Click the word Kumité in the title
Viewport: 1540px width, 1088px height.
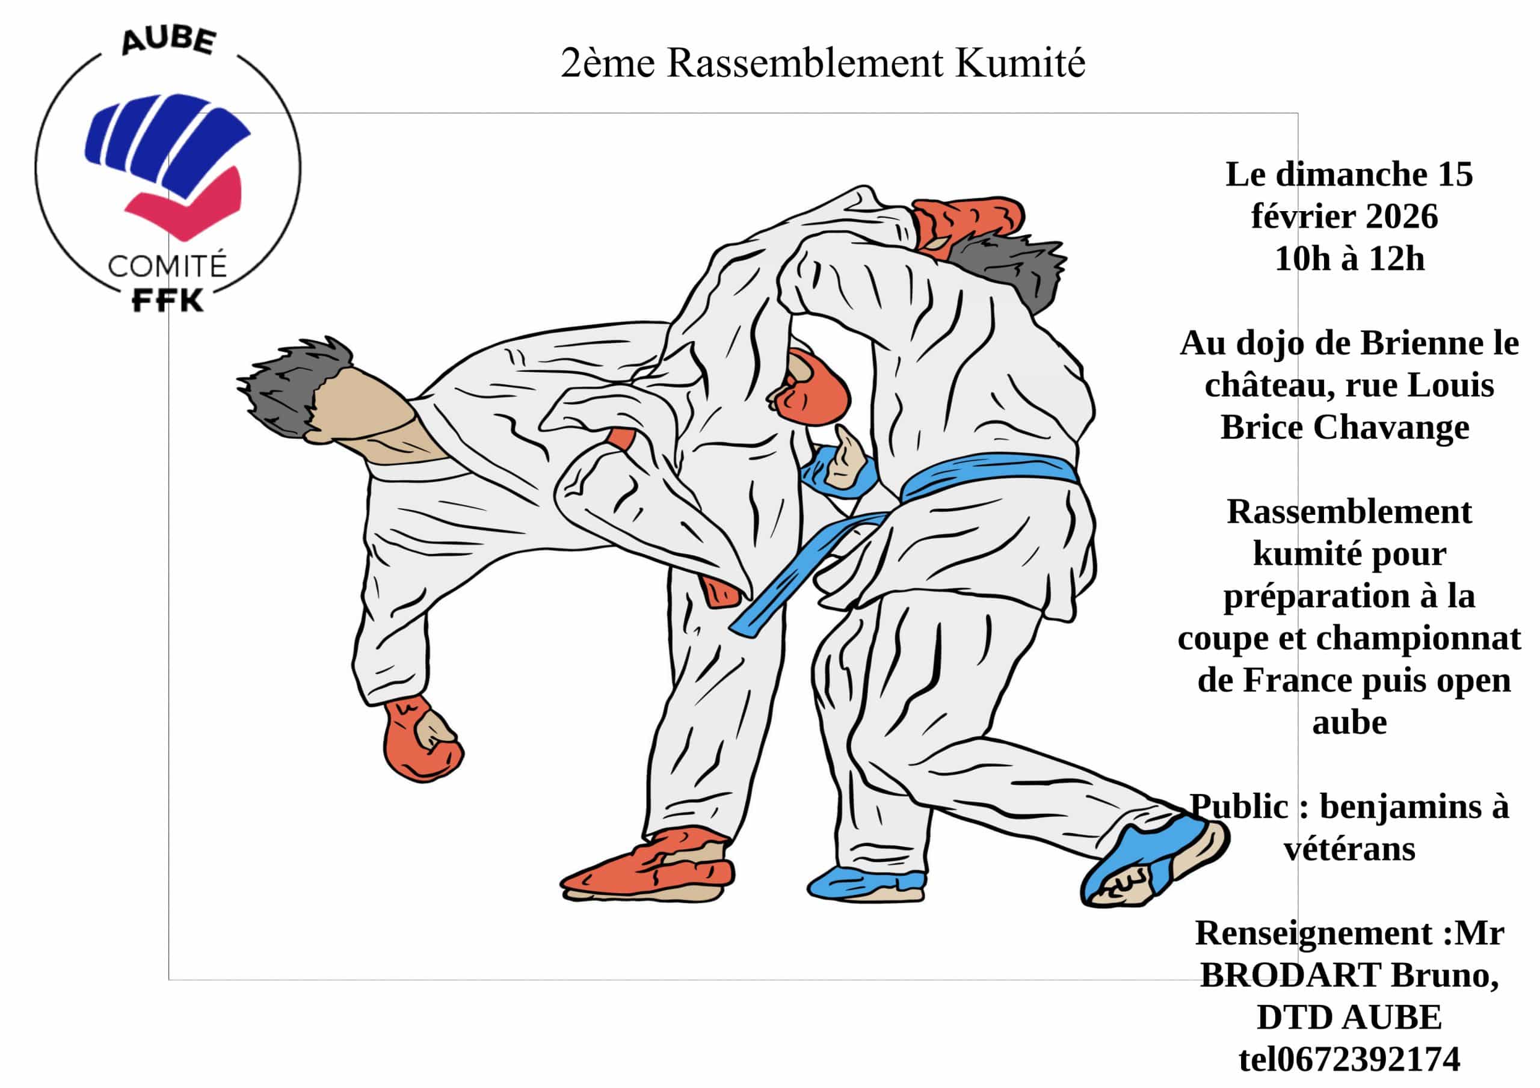coord(1020,63)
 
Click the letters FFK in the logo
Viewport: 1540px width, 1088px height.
coord(167,301)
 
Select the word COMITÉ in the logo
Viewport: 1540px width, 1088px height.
coord(167,266)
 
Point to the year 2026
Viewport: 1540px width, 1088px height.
coord(1402,217)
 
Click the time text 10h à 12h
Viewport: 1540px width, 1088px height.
coord(1349,259)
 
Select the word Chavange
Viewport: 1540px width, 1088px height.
coord(1391,427)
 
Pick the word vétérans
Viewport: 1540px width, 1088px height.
coord(1349,849)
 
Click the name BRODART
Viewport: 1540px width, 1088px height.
coord(1290,976)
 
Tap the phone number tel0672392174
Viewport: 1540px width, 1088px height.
coord(1349,1060)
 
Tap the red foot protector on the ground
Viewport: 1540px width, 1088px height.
coord(648,866)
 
